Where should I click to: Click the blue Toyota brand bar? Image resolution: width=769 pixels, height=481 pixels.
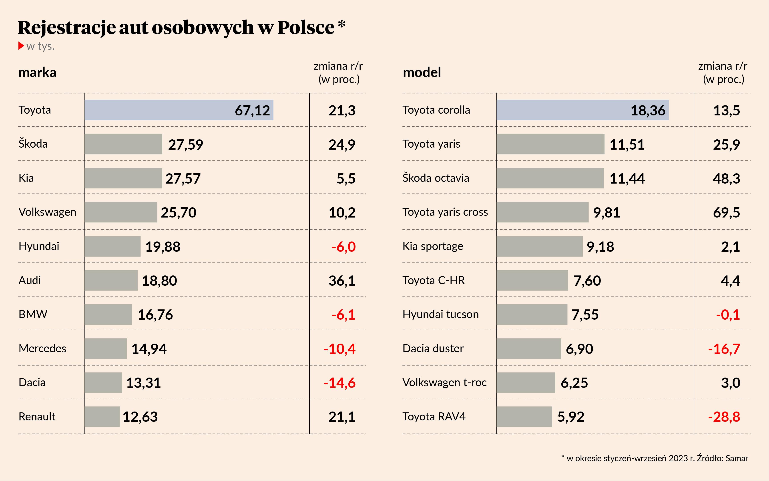tap(179, 110)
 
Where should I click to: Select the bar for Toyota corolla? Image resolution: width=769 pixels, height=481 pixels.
tap(582, 110)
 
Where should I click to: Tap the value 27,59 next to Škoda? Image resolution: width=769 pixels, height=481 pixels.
tap(185, 144)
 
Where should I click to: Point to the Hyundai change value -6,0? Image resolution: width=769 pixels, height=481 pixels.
tap(343, 247)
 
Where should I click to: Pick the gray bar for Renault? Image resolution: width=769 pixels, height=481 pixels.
tap(102, 417)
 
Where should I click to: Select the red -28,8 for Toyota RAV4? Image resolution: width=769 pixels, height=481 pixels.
tap(724, 417)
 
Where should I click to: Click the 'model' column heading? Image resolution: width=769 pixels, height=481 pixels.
tap(422, 73)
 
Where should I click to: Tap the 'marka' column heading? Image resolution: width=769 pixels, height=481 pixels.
tap(37, 73)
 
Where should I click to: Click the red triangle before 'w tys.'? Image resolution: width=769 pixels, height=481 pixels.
tap(21, 46)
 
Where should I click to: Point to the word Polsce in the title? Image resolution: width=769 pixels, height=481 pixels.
tap(306, 27)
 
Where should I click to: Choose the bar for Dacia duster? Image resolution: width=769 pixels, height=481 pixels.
tap(529, 349)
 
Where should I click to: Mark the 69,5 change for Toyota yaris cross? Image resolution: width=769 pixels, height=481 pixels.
tap(726, 212)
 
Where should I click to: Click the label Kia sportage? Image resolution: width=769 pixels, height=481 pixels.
tap(433, 246)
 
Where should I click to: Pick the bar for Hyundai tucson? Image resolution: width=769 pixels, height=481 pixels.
tap(532, 315)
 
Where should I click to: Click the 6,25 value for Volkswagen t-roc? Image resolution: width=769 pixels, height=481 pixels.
tap(574, 383)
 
